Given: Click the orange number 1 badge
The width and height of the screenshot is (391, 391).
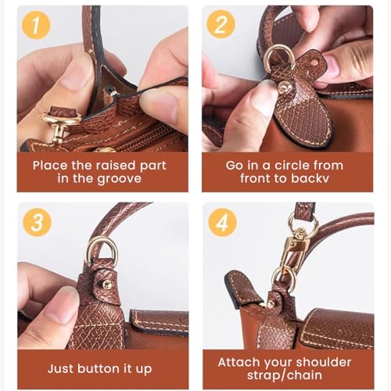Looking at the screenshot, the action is click(36, 25).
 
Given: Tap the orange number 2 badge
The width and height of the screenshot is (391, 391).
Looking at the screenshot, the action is click(221, 24).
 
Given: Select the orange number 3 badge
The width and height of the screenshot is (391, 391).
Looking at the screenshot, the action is click(37, 222).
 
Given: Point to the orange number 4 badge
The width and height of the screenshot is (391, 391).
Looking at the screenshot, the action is click(222, 222).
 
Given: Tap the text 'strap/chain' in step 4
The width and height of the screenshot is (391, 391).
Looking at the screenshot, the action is click(285, 375).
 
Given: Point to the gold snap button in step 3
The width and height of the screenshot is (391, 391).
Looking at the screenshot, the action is click(107, 284).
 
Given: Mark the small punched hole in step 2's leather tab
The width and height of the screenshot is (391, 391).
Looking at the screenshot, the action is click(315, 63).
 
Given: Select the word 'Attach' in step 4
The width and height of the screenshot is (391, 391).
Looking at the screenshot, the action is click(239, 363).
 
